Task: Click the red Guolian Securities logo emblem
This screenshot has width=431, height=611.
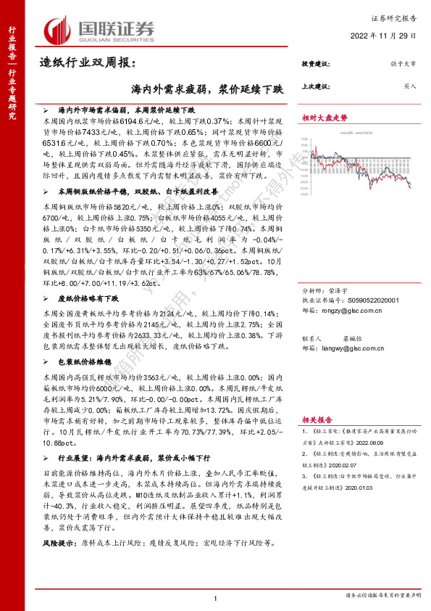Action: (x=55, y=30)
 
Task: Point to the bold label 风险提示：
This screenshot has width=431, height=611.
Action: (x=59, y=541)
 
